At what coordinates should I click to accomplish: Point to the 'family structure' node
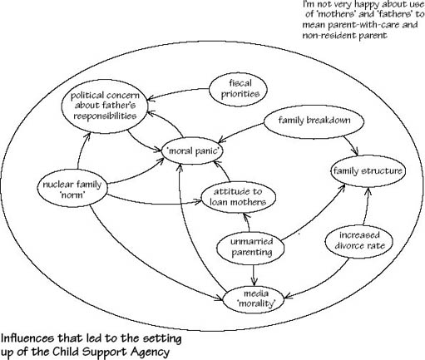(368, 171)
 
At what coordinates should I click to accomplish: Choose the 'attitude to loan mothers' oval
(238, 197)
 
